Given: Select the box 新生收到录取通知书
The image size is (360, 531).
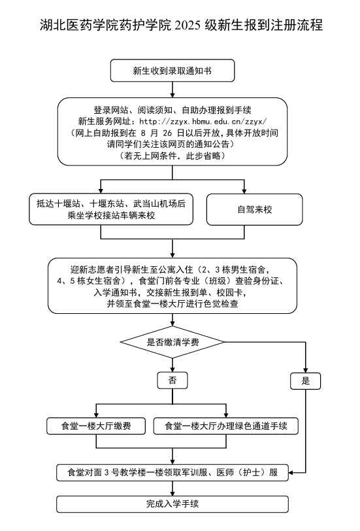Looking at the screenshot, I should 172,69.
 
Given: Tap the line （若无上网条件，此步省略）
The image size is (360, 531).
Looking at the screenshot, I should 172,156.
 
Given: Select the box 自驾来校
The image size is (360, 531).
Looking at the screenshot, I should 254,210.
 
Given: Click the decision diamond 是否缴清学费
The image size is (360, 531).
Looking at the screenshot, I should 172,342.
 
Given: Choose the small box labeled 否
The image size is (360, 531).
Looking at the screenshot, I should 172,380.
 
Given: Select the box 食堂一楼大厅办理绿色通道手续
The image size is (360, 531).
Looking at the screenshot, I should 226,426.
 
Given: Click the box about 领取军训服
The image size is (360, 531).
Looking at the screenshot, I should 172,471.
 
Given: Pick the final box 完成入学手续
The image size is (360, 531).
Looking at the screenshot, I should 172,504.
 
